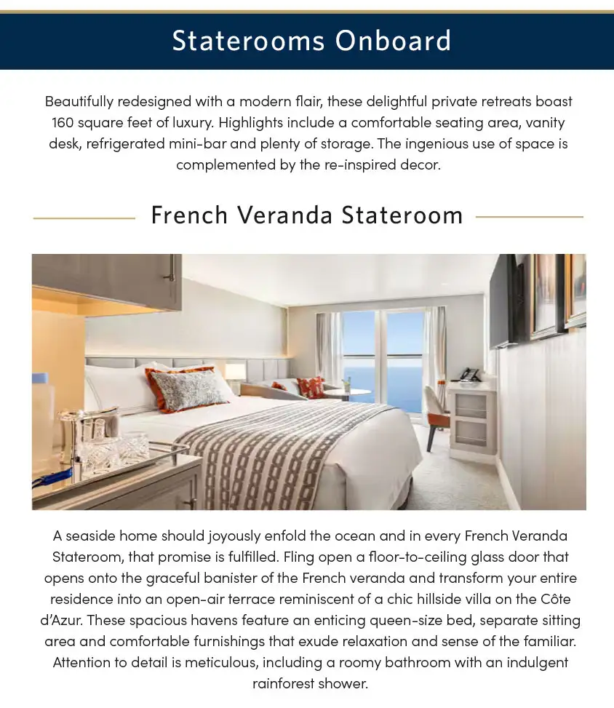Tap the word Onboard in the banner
click(x=393, y=41)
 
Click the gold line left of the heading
click(x=84, y=217)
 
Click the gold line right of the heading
click(x=529, y=217)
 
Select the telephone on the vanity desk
click(x=469, y=375)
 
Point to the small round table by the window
click(x=347, y=393)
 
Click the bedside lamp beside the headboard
click(x=234, y=373)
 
